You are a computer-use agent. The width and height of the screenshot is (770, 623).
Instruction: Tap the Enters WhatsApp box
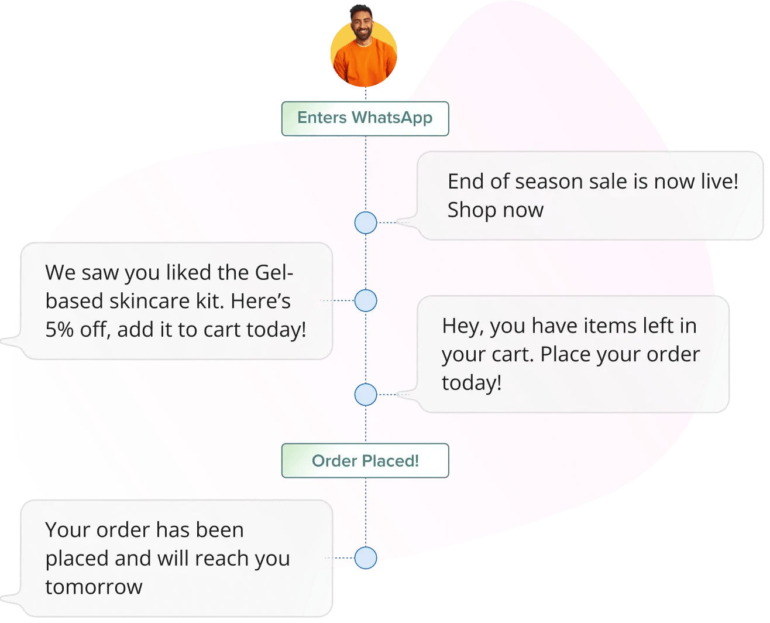click(365, 119)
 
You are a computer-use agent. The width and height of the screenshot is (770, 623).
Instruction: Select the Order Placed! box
click(365, 461)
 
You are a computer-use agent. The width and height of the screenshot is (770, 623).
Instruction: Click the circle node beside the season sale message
click(366, 222)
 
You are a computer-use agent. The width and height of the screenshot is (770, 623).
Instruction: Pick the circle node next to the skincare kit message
click(366, 300)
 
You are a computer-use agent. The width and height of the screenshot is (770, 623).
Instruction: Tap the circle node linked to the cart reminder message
click(366, 394)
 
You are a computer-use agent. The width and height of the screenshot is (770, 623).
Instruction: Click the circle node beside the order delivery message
click(366, 558)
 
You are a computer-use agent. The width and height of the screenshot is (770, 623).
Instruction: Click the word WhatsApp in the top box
click(392, 118)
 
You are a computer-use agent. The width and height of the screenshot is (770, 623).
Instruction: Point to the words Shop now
click(495, 210)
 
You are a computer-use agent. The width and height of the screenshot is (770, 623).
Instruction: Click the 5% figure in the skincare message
click(59, 330)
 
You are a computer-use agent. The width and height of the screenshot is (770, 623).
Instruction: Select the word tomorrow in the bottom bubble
click(94, 587)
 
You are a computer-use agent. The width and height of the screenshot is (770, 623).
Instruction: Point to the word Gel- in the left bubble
click(274, 272)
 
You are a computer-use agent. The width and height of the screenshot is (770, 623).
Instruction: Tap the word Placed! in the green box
click(390, 461)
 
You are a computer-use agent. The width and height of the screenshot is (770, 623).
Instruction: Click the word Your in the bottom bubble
click(68, 530)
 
